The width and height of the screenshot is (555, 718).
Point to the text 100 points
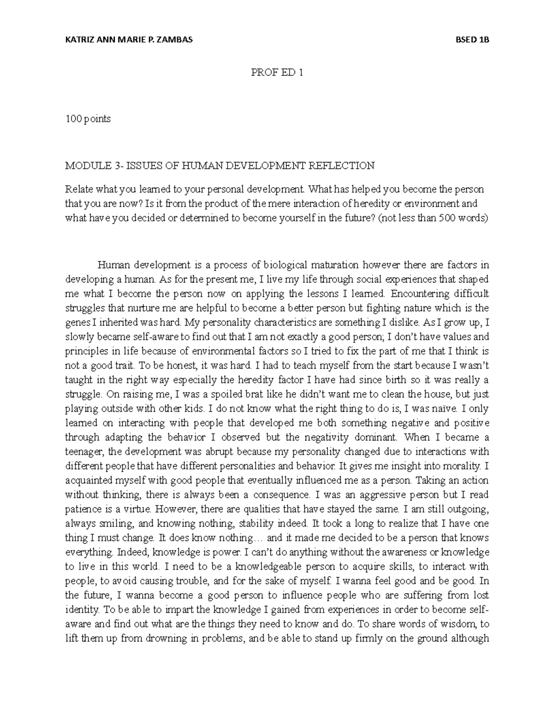pyautogui.click(x=88, y=119)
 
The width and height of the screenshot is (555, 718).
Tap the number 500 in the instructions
pyautogui.click(x=440, y=218)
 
